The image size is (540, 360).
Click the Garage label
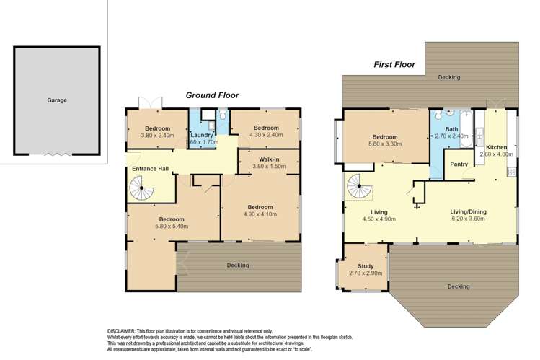(57, 100)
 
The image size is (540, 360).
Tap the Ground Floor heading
(212, 95)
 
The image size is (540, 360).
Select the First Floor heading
(394, 65)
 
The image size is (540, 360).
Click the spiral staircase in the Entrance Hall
(141, 188)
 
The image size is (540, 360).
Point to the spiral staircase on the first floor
(360, 186)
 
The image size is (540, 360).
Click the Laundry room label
(202, 135)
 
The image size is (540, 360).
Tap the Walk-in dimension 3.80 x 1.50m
(269, 167)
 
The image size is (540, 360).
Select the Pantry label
(459, 164)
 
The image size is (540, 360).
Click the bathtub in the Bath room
(466, 129)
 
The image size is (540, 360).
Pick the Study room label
(366, 266)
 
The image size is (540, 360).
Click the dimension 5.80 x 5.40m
(172, 227)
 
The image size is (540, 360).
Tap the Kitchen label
(496, 147)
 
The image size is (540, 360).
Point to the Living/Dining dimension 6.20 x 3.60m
(468, 219)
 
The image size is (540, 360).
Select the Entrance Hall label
(151, 169)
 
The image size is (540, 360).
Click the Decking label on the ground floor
(238, 265)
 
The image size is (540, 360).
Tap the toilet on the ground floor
(223, 115)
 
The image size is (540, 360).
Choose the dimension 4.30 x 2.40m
(266, 135)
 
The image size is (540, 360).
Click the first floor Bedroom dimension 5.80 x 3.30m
(385, 144)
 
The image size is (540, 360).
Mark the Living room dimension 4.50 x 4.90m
(379, 219)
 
